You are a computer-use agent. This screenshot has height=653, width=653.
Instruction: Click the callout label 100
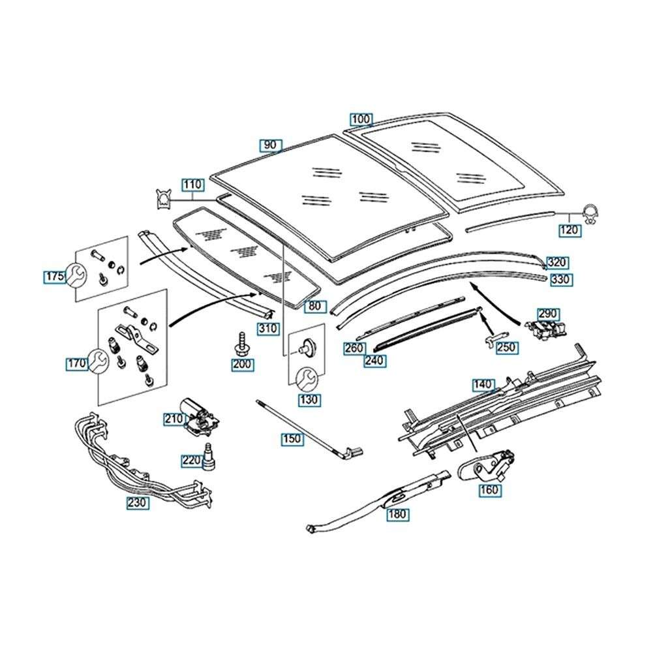[361, 119]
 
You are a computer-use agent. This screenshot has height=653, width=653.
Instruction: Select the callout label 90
[271, 145]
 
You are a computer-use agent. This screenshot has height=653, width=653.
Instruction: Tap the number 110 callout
[192, 185]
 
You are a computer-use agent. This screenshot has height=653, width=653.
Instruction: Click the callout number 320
[558, 263]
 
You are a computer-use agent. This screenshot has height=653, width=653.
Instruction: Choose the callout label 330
[559, 279]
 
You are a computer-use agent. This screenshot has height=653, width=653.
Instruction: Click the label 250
[507, 348]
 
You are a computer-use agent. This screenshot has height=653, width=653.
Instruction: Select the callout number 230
[138, 503]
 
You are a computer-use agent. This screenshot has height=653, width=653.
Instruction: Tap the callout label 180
[397, 514]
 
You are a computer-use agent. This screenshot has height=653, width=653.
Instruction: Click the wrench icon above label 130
[307, 378]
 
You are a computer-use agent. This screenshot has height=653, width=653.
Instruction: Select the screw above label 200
[242, 342]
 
